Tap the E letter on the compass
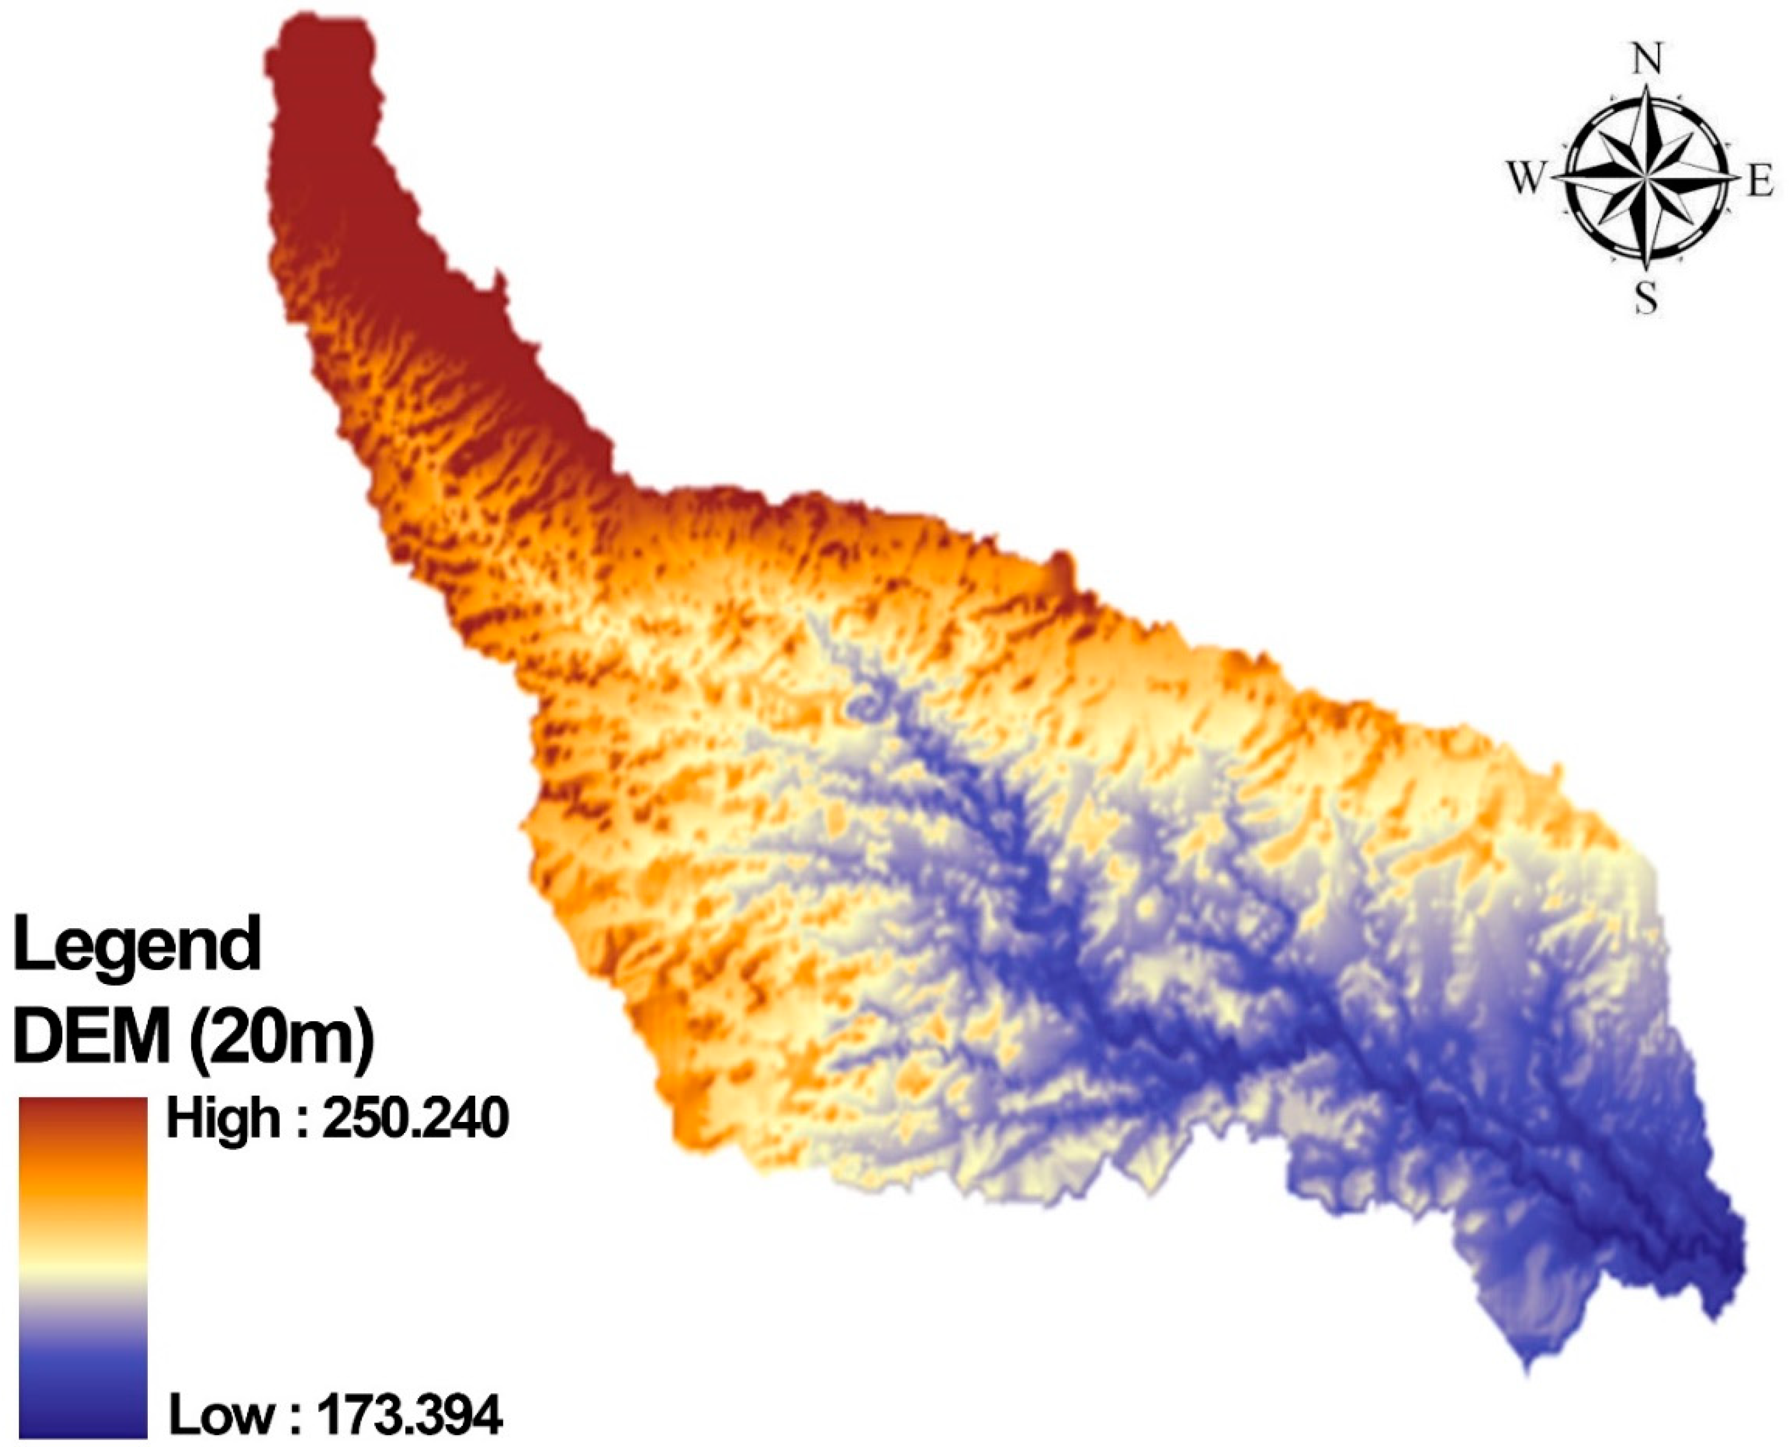[x=1760, y=182]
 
